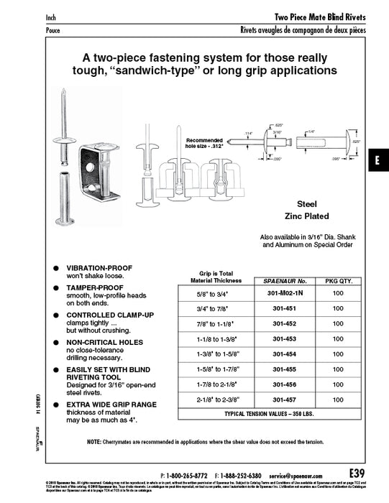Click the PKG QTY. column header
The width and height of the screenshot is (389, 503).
[x=338, y=279]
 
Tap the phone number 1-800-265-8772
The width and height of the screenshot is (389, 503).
[x=188, y=476]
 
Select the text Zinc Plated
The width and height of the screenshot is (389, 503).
[x=307, y=216]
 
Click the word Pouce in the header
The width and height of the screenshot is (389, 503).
[x=54, y=31]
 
